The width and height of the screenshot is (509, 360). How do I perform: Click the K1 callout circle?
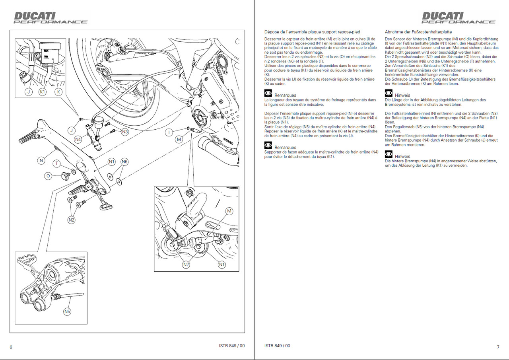43,91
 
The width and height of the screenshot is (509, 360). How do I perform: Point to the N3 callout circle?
125,131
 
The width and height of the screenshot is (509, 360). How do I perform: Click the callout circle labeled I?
170,132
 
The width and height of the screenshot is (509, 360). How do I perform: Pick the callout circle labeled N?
41,161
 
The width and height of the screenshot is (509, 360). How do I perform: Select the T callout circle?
57,163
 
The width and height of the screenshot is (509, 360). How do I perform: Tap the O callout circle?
49,175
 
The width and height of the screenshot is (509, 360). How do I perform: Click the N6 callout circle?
125,162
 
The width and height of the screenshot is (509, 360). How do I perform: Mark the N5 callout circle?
67,311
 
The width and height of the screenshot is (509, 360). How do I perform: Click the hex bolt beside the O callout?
64,175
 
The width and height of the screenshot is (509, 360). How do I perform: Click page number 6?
11,347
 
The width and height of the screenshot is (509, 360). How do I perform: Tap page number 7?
498,347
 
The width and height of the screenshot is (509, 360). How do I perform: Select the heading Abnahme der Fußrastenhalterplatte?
418,31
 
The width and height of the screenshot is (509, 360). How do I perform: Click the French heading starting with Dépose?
312,31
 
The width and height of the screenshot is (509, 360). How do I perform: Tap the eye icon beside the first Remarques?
268,93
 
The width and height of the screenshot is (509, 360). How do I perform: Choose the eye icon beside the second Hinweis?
389,154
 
